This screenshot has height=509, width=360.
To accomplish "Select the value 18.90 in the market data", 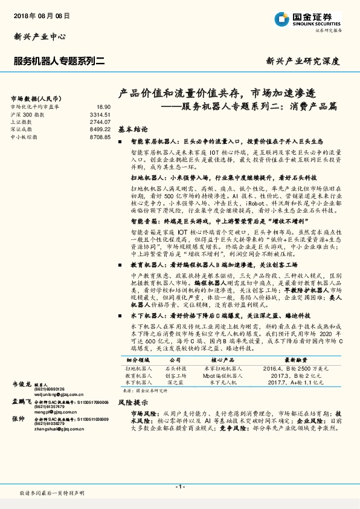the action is pyautogui.click(x=103, y=106).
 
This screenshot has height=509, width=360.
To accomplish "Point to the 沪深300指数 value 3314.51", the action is pyautogui.click(x=100, y=114).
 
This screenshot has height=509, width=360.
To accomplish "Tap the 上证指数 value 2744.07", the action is pyautogui.click(x=100, y=122).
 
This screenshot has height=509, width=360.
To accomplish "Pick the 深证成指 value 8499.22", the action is pyautogui.click(x=100, y=129).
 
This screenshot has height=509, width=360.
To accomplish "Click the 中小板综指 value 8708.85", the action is pyautogui.click(x=100, y=137).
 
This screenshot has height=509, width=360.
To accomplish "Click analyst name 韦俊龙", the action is pyautogui.click(x=21, y=384).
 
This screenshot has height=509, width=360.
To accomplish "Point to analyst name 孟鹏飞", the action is pyautogui.click(x=21, y=401).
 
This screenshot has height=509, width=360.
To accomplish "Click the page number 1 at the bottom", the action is pyautogui.click(x=179, y=487).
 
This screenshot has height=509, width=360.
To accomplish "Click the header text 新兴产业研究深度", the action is pyautogui.click(x=303, y=61).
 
